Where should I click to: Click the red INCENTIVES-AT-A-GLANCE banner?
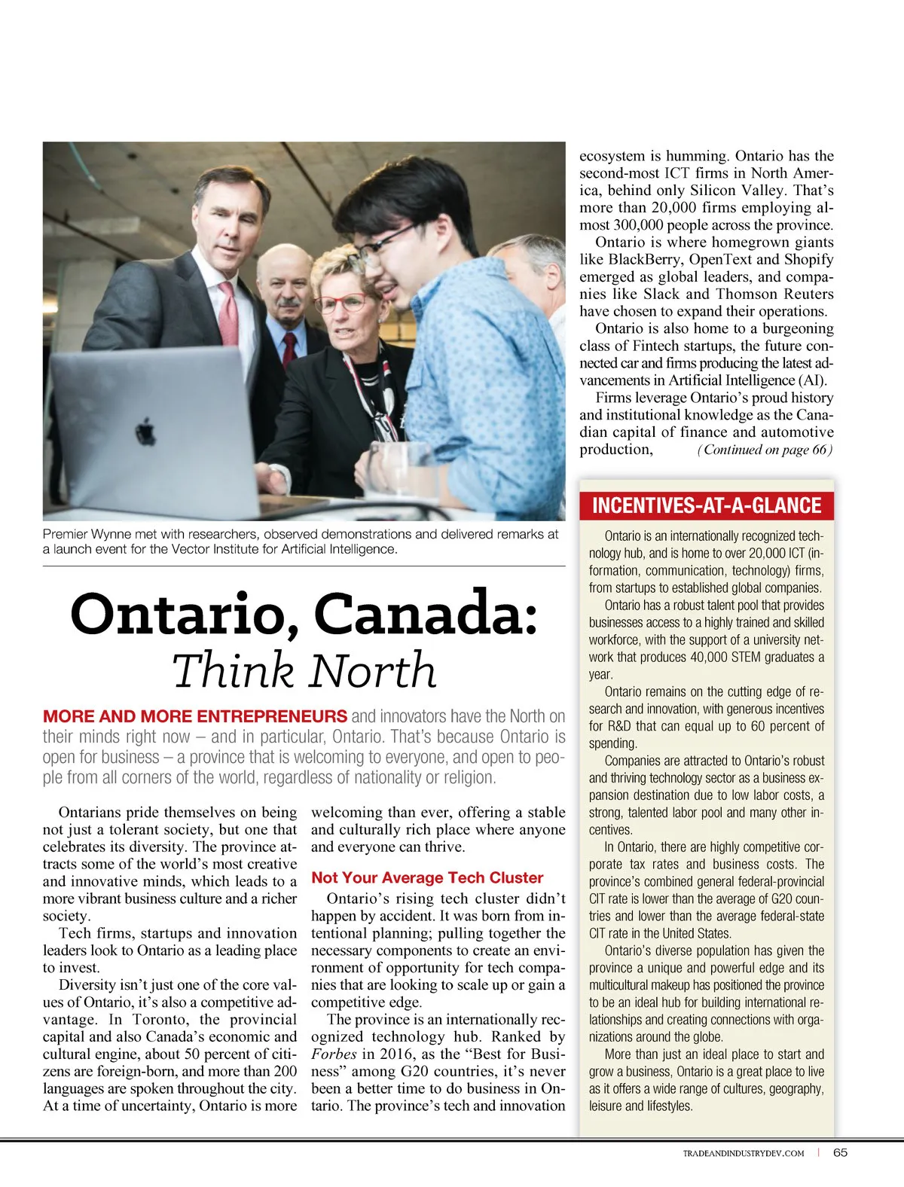707,505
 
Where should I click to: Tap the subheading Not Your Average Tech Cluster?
427,877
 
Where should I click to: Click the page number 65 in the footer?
840,1152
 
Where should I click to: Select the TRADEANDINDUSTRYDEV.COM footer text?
743,1153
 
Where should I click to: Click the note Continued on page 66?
765,450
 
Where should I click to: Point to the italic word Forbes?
334,1054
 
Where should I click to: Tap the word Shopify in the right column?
808,260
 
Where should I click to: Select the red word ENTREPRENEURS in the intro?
272,716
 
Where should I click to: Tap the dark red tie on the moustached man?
289,349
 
